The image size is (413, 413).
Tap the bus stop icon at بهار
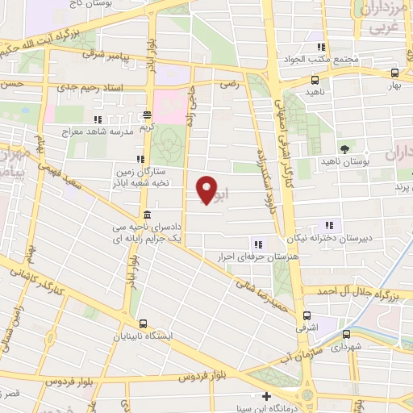394,73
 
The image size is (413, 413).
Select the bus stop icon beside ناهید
314,81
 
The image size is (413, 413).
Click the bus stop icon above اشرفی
305,316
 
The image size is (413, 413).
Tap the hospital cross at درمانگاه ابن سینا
267,395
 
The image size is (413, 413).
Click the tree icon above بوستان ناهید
344,148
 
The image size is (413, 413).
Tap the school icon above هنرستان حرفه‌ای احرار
257,244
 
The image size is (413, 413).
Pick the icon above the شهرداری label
344,332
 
